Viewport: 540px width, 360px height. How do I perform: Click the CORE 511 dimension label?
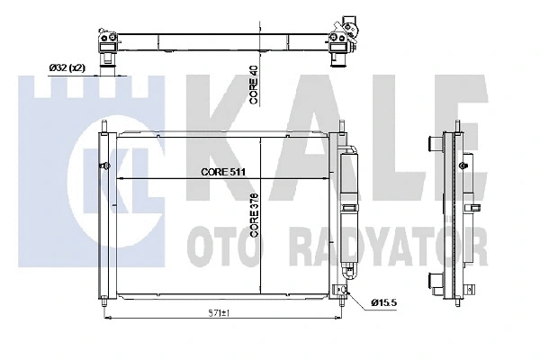[x=223, y=172]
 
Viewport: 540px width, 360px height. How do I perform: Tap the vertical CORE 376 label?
[x=255, y=215]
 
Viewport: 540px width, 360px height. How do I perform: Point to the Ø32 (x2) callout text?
[x=67, y=67]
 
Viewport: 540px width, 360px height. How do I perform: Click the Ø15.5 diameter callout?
[x=384, y=302]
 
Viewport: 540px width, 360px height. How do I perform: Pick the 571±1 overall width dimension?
[x=218, y=313]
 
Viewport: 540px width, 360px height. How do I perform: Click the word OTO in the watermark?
[x=224, y=247]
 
